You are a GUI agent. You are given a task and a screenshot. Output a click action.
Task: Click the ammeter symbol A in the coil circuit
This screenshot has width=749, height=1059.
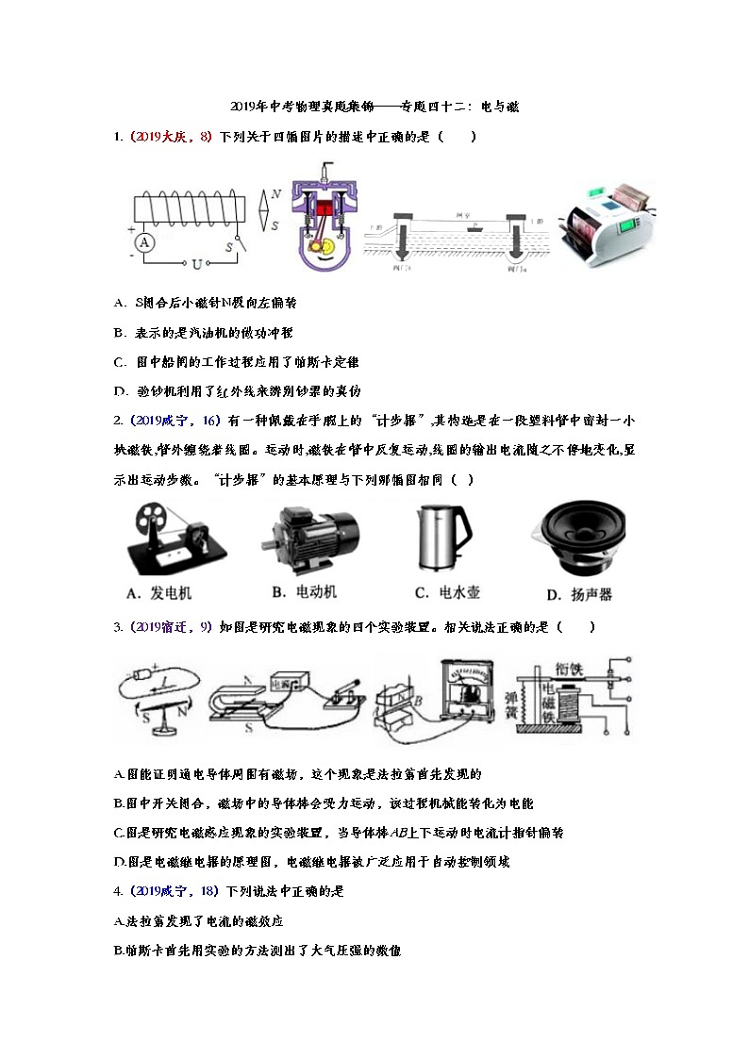click(144, 242)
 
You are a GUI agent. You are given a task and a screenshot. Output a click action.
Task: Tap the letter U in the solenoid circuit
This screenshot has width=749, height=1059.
click(197, 263)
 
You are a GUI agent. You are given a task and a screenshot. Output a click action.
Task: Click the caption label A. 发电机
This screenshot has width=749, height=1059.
click(158, 593)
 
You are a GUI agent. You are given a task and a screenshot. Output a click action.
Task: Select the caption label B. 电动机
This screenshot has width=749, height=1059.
click(304, 592)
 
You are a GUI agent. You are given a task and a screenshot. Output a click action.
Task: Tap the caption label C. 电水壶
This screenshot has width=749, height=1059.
click(447, 592)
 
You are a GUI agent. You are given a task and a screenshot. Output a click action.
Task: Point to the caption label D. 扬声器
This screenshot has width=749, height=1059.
click(579, 594)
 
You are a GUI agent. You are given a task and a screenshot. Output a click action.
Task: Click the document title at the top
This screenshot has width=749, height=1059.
click(374, 108)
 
